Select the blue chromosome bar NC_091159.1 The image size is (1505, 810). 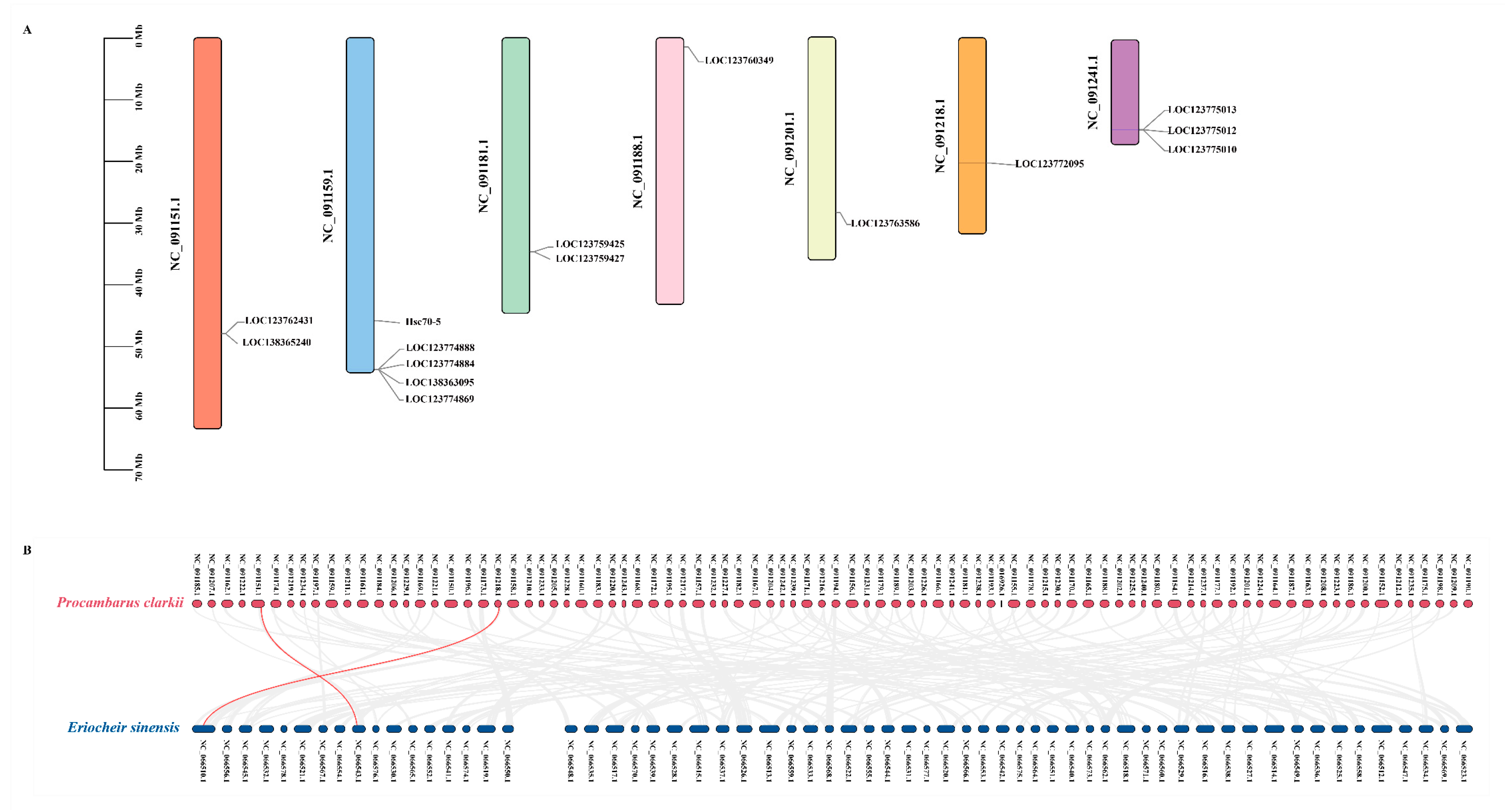360,204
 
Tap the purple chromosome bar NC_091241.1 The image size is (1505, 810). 1125,92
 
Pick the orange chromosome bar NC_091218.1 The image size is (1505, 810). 972,136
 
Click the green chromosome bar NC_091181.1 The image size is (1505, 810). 515,175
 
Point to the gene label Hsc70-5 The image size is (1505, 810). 423,321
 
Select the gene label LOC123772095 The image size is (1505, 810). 1049,164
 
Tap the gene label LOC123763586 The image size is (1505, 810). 885,223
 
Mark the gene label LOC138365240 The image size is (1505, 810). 276,342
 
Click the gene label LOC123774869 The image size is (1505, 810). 439,399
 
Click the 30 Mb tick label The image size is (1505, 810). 138,221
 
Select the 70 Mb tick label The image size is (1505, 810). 138,468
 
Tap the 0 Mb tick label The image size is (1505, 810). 138,36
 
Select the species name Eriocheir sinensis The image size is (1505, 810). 123,728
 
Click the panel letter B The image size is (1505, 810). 27,550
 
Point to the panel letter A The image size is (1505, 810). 27,30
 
